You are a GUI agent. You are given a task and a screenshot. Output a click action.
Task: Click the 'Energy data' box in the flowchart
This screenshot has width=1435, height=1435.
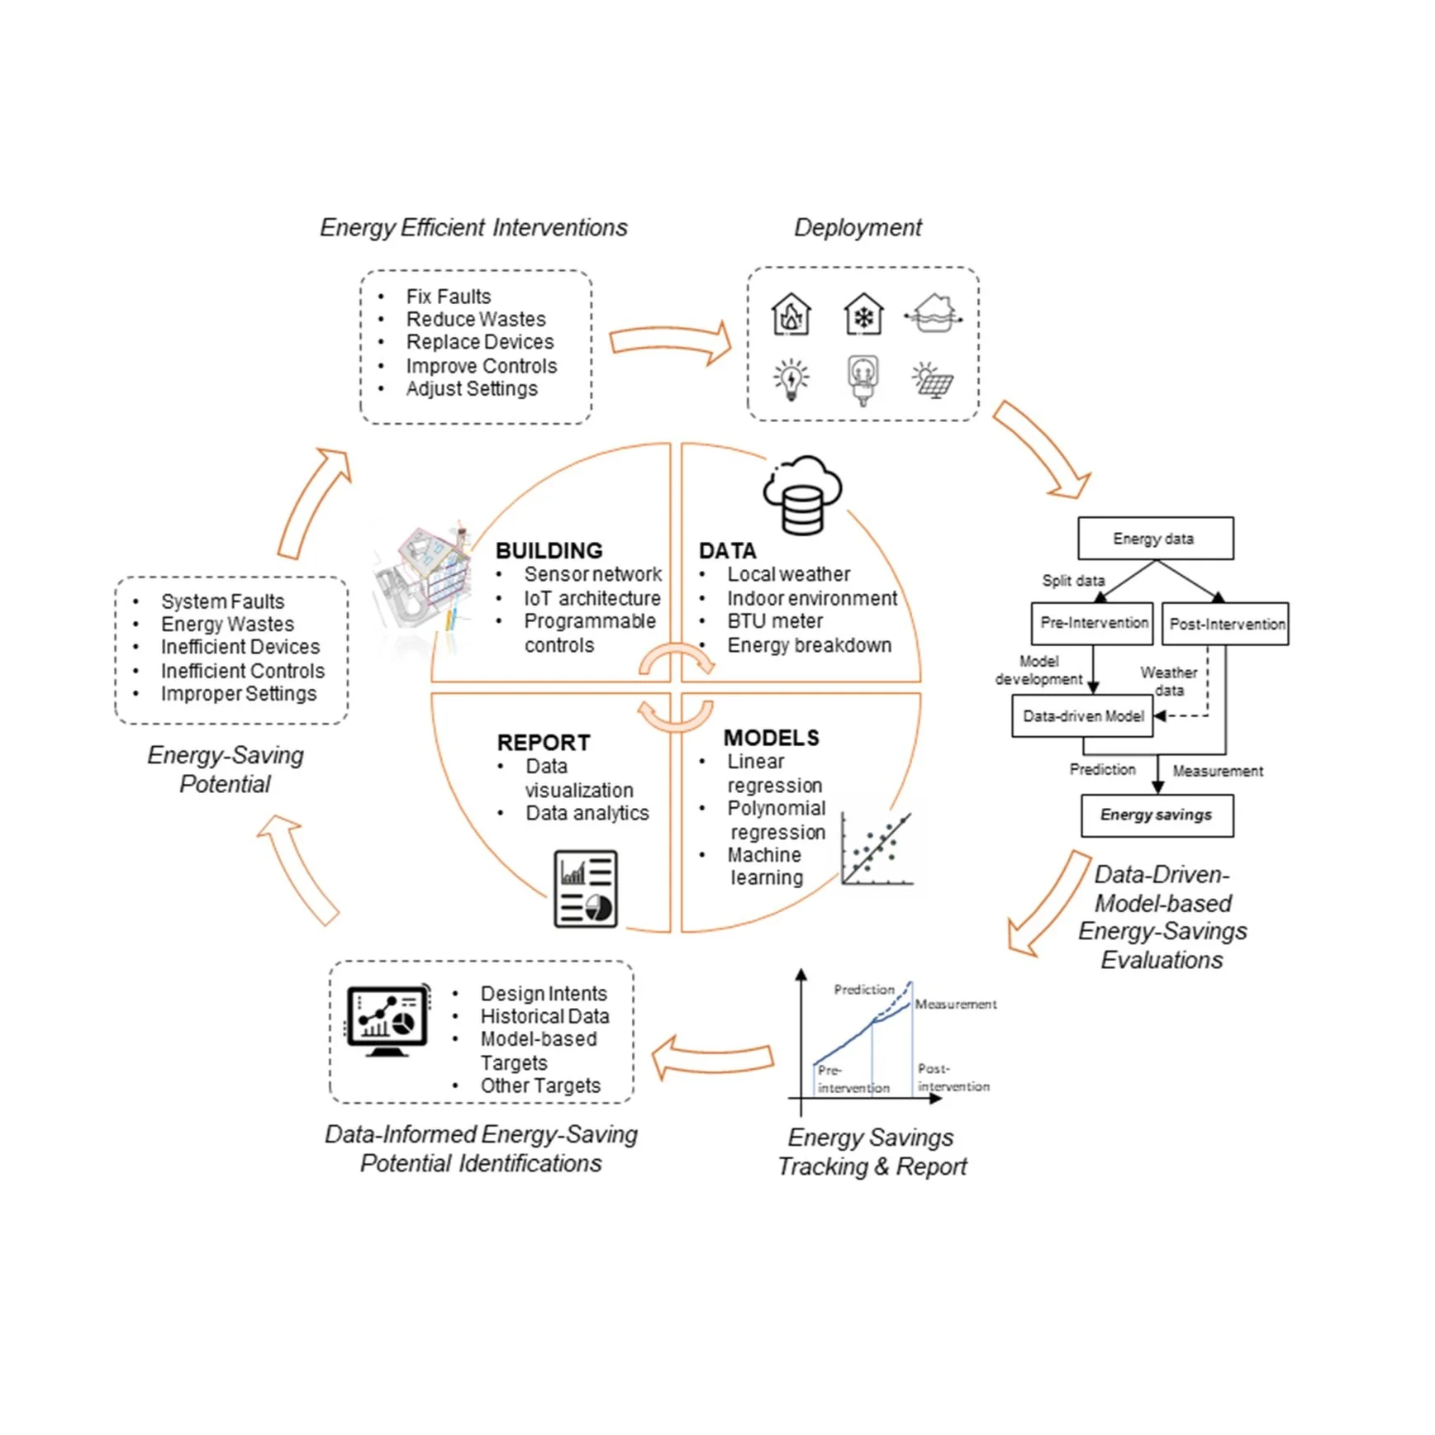[x=1154, y=539]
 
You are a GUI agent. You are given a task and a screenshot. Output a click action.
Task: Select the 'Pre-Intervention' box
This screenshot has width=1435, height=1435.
[x=1092, y=623]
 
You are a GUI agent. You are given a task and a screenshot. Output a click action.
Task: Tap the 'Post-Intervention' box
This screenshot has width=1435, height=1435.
[x=1226, y=624]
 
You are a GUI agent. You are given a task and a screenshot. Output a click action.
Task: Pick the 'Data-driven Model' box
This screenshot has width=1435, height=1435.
[x=1081, y=715]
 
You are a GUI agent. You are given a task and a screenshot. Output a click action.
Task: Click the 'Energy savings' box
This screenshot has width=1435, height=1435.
[x=1156, y=815]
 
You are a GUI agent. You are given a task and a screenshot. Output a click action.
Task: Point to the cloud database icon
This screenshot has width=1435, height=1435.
[x=801, y=494]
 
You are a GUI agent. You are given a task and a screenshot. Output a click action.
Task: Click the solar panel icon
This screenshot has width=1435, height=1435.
[x=933, y=380]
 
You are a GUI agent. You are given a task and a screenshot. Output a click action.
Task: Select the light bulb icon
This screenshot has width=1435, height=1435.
[x=791, y=380]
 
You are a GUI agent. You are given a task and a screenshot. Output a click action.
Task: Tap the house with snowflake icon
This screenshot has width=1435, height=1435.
[x=863, y=315]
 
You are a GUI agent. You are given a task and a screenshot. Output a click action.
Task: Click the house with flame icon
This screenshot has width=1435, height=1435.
[x=791, y=315]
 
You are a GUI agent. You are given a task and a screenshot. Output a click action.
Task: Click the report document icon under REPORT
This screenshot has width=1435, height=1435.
[x=586, y=889]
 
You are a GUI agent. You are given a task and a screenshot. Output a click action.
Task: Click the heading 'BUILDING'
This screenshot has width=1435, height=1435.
[x=549, y=550]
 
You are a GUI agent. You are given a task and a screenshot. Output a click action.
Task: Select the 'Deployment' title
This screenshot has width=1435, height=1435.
[x=858, y=227]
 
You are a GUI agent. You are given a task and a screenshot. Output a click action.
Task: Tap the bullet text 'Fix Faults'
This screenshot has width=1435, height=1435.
[x=448, y=296]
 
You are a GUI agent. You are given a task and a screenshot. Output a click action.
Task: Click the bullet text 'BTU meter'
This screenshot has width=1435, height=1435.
[x=774, y=620]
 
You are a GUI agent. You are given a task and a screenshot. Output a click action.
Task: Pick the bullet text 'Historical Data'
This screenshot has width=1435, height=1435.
[x=544, y=1015]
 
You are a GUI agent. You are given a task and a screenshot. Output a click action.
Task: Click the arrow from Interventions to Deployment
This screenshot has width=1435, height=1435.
[x=670, y=342]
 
